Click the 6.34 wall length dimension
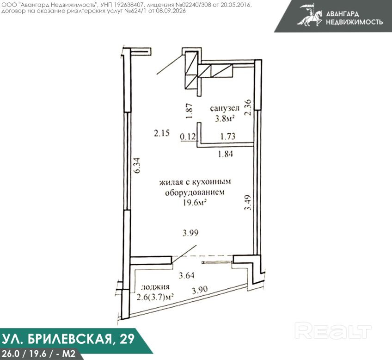coord(137,165)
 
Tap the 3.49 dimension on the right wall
coord(247,202)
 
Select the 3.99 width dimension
coord(190,233)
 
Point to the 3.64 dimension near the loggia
coord(186,275)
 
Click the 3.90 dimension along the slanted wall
coord(200,290)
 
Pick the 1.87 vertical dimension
coord(190,111)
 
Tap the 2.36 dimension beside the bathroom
coord(248,107)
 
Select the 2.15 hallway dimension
coord(162,133)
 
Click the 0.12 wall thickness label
coord(188,137)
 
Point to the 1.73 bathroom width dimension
coord(228,137)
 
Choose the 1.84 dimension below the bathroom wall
coord(226,154)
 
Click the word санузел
coord(225,109)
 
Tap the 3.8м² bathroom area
coord(225,118)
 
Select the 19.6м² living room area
coord(195,203)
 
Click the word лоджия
coord(155,287)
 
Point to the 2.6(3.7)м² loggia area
coord(155,297)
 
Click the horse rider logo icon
coord(310,15)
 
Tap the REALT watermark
coord(333,331)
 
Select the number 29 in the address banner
coord(127,339)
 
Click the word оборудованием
coord(195,192)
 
